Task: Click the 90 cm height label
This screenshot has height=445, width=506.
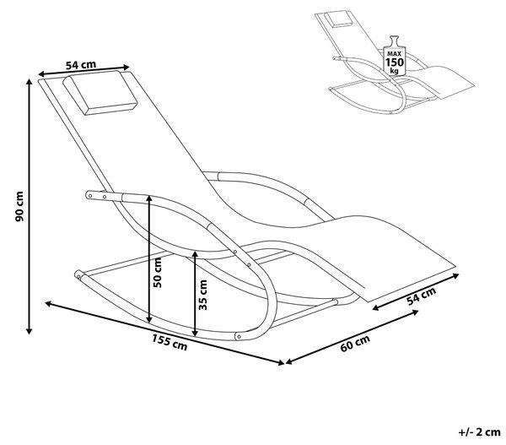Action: click(x=20, y=206)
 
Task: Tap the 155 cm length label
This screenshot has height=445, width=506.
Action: click(x=170, y=343)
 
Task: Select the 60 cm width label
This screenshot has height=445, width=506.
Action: click(x=355, y=343)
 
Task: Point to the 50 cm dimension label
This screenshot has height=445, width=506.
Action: click(x=158, y=273)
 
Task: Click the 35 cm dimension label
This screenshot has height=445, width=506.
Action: click(x=203, y=295)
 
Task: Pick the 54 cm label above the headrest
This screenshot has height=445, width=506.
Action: click(x=81, y=65)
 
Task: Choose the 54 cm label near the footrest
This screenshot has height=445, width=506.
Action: click(x=421, y=296)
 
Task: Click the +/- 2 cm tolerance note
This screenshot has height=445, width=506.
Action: click(x=479, y=432)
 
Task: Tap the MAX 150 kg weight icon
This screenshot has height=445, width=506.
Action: click(x=394, y=56)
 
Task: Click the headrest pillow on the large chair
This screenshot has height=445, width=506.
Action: click(x=100, y=93)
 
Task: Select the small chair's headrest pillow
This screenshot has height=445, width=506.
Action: click(x=338, y=19)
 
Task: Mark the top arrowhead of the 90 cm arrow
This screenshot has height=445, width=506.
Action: click(x=30, y=82)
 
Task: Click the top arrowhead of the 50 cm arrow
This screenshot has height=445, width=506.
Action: click(x=149, y=198)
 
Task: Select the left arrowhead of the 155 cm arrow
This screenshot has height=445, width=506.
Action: click(x=48, y=303)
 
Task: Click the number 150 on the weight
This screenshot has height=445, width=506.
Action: click(x=395, y=62)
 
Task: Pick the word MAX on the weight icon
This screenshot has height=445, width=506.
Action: click(x=394, y=54)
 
